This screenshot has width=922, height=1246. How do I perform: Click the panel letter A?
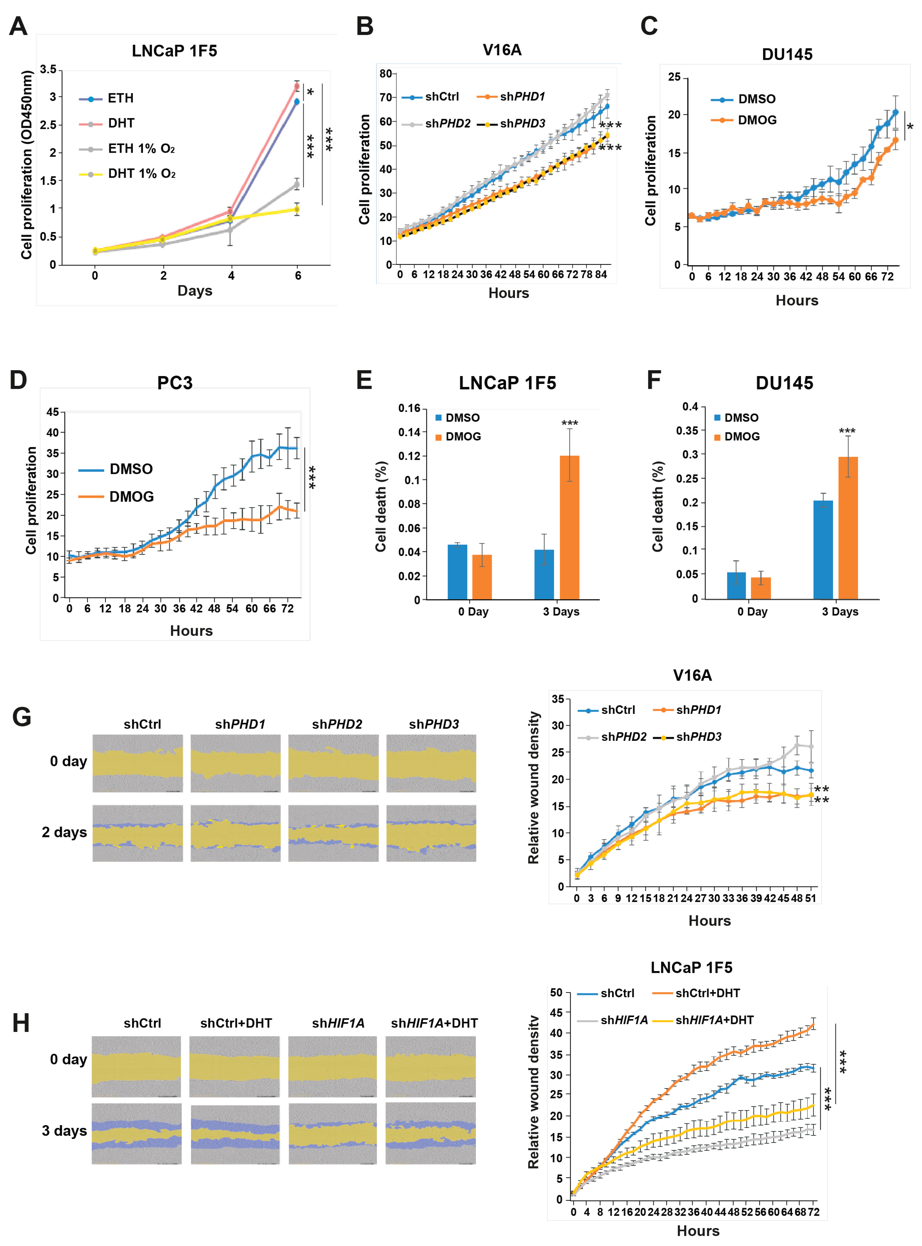pos(18,26)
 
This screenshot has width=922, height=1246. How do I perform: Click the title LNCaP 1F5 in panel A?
pos(174,51)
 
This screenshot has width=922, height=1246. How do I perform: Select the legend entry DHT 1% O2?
pos(141,174)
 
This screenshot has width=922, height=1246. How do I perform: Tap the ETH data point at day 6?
pos(297,101)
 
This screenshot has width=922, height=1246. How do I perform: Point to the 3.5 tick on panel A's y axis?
pos(48,69)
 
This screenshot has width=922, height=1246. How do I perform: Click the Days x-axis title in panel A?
pos(195,291)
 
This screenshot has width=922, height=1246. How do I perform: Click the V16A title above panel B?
pos(502,50)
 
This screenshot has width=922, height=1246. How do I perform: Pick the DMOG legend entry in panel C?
pos(756,120)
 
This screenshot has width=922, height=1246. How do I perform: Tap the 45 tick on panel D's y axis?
pos(52,412)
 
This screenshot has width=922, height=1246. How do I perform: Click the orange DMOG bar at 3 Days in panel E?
pos(569,527)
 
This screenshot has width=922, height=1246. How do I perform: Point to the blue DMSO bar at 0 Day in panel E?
pos(457,572)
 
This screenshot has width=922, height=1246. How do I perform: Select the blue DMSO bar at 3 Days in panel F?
pos(823,549)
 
